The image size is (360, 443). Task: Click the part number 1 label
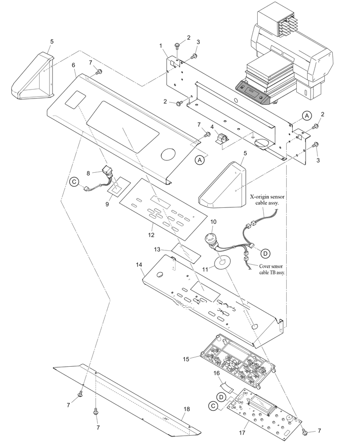[x=161, y=46]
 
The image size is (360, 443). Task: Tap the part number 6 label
[x=74, y=65]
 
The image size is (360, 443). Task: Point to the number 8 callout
[x=89, y=173]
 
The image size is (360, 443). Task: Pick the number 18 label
[x=187, y=409]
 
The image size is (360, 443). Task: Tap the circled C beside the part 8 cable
[x=74, y=182]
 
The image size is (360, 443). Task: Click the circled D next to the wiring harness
[x=265, y=253]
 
